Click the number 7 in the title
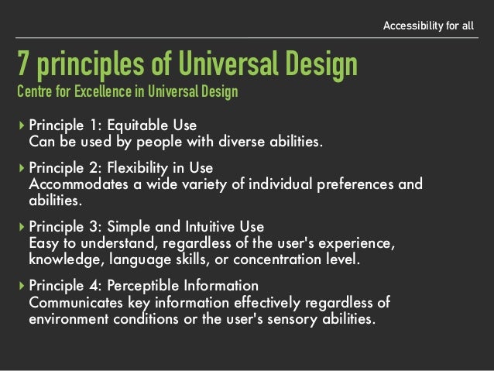[23, 64]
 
